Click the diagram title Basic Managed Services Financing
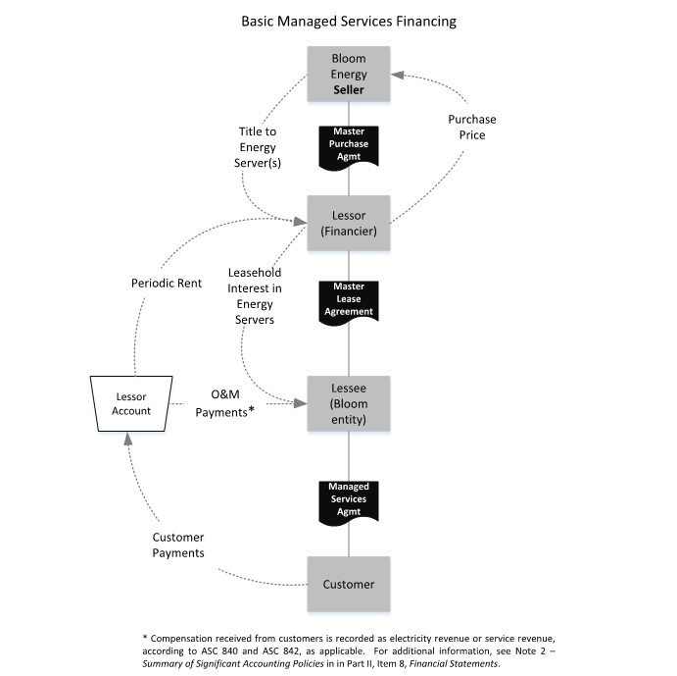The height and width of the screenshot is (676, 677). point(349,21)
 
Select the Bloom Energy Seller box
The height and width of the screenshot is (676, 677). point(349,75)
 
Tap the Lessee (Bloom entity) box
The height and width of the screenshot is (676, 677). point(349,403)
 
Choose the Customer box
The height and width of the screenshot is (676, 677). point(349,584)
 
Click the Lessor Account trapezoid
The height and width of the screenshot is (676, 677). point(130,403)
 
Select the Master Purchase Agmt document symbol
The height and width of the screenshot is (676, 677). point(349,142)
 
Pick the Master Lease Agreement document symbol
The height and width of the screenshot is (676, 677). point(349,299)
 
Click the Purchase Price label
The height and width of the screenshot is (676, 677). point(466,127)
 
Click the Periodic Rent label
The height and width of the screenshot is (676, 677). point(167,283)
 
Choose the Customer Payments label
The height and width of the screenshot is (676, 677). point(178,545)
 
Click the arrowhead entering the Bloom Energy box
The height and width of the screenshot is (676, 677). point(398,76)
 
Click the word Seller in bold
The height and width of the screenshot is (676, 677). point(349,89)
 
